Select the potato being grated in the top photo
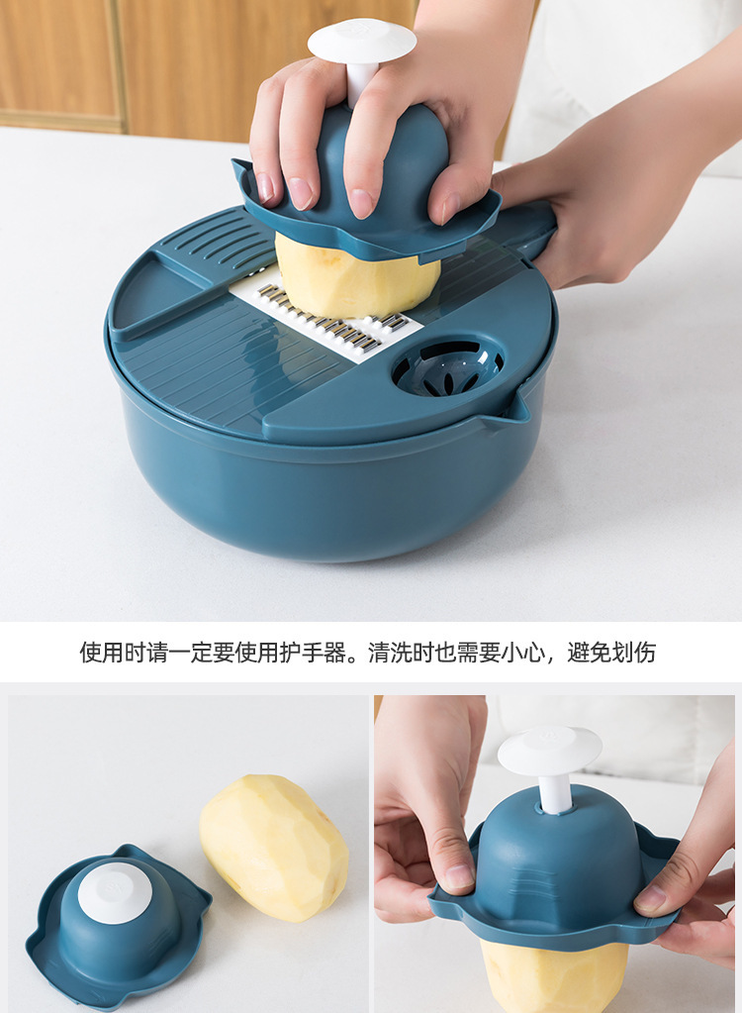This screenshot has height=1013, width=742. click(357, 279)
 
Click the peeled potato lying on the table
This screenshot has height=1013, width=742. click(275, 847)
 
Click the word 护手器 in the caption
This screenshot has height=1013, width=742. click(312, 653)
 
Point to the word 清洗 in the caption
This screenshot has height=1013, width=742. click(390, 653)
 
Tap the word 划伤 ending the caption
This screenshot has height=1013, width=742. click(633, 653)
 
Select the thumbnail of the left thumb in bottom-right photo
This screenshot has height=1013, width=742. click(459, 876)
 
